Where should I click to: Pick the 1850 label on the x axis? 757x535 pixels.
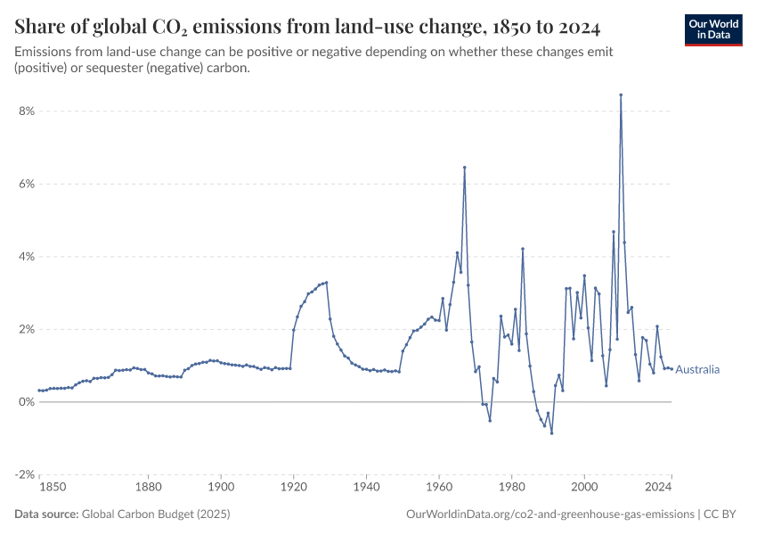[52, 487]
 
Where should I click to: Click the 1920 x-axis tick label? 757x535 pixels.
[293, 487]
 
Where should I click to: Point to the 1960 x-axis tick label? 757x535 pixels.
[438, 487]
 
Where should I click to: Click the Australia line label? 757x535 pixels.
[697, 369]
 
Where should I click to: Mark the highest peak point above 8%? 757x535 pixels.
[621, 95]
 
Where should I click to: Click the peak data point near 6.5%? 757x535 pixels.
[464, 168]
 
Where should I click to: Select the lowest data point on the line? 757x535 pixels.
[551, 433]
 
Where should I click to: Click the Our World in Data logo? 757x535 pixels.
[713, 29]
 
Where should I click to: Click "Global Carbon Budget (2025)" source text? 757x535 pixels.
[142, 514]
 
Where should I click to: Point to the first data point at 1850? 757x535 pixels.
[40, 391]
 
